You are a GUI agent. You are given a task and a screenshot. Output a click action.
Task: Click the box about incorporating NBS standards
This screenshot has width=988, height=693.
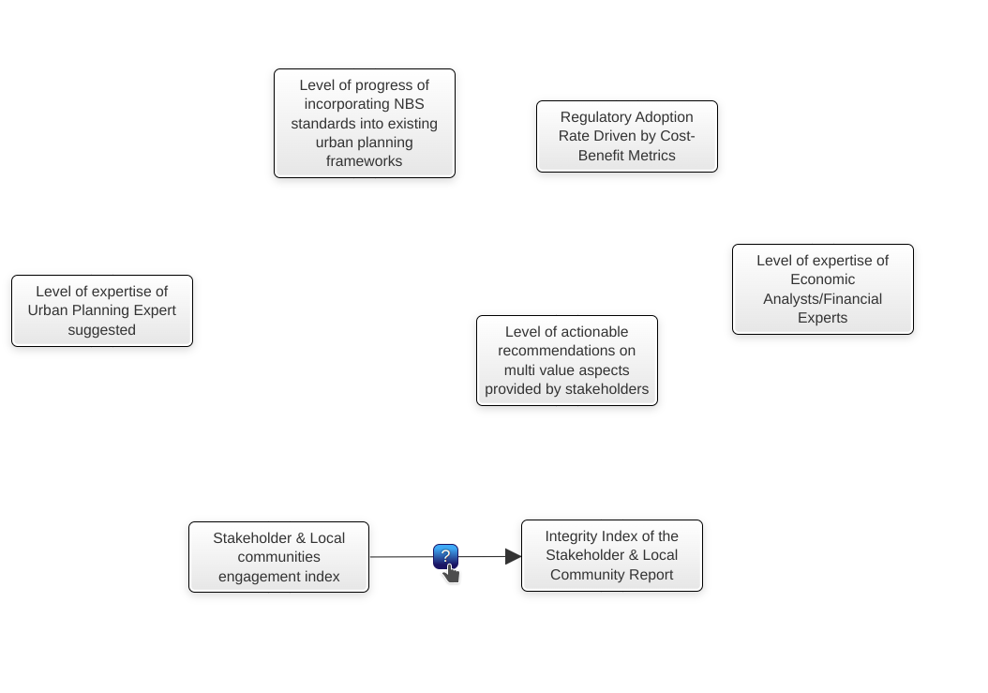click(364, 123)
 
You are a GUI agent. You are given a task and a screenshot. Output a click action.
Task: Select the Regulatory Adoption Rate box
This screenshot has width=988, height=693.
click(626, 137)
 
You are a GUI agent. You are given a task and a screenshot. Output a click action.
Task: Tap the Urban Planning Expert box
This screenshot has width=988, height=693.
click(101, 310)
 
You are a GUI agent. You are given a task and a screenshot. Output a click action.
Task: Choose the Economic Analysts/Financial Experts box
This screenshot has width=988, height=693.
click(822, 289)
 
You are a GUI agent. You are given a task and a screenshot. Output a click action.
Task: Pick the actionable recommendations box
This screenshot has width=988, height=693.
click(566, 360)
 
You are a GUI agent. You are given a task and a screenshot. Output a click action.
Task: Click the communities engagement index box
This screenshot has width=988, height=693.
click(278, 557)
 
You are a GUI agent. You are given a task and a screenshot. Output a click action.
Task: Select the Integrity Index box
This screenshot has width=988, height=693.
click(611, 555)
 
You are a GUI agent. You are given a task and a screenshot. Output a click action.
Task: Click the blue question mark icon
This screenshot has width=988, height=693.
click(445, 556)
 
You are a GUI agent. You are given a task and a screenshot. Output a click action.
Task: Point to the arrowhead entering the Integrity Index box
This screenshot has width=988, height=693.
click(513, 556)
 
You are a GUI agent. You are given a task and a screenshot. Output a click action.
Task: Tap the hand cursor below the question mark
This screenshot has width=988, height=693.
click(452, 573)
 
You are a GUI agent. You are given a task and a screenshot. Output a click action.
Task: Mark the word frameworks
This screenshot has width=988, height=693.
click(364, 161)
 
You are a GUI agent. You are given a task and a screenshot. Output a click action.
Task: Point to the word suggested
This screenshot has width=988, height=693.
click(101, 330)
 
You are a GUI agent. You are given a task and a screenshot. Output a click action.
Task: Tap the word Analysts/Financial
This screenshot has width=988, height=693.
click(822, 299)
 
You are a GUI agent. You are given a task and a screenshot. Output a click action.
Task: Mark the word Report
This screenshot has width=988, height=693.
click(651, 575)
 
